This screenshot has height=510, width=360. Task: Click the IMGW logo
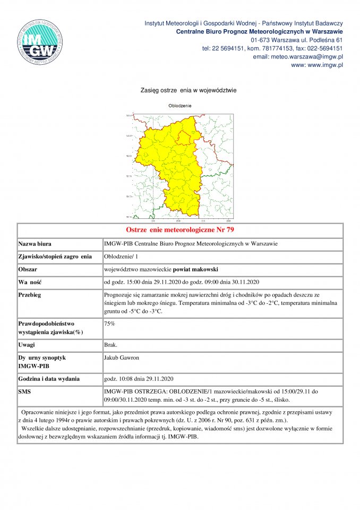41,42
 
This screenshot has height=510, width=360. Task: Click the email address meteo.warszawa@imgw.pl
298,56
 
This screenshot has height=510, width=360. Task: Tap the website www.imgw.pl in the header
317,65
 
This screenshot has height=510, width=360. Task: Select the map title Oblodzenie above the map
179,106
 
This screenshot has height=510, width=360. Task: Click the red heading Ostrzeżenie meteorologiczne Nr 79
180,230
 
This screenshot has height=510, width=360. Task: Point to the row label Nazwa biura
35,244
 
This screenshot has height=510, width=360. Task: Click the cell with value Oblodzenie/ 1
121,257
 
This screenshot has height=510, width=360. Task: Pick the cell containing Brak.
111,345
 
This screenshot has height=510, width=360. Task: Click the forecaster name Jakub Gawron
122,358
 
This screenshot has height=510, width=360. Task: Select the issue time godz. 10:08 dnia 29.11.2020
139,379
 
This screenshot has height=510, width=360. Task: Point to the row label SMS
25,392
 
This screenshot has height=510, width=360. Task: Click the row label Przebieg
31,294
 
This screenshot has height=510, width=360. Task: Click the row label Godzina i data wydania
49,379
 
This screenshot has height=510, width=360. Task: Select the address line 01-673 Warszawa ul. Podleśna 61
296,40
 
